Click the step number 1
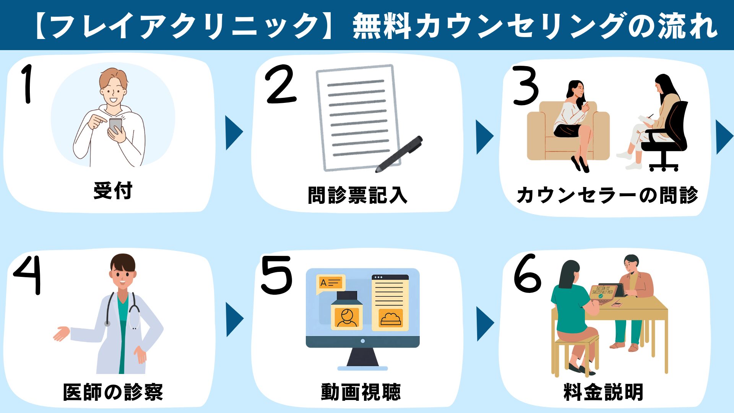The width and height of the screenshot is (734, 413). coord(27,84)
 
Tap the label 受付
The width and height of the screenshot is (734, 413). coord(113,191)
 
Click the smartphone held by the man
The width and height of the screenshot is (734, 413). coord(115,125)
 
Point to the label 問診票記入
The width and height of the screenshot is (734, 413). coord(357,195)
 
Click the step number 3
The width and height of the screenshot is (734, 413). coord(526,86)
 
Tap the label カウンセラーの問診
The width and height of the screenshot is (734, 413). coord(607,195)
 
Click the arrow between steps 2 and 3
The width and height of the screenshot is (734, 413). coord(484,137)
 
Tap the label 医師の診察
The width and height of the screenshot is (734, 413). coord(113,392)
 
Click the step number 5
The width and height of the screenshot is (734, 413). coord(276,275)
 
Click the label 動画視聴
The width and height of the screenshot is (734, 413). coord(361,392)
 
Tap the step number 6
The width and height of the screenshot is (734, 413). coord(528,273)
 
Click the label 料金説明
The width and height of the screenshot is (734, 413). coord(604,392)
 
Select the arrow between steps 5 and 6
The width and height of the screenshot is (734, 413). coord(485,324)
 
